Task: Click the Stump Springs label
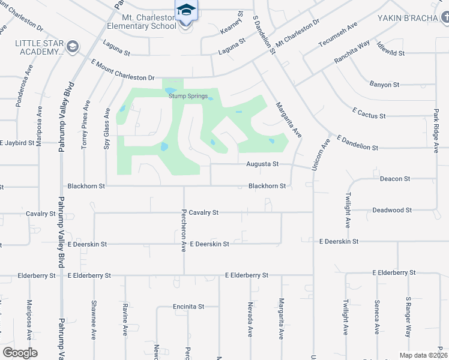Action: click(x=188, y=96)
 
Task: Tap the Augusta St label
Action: click(x=262, y=163)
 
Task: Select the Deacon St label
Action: click(x=395, y=179)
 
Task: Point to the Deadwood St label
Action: click(x=392, y=211)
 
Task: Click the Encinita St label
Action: click(x=189, y=306)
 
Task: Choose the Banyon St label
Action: click(x=384, y=85)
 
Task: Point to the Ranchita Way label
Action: click(x=353, y=53)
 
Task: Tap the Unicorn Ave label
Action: click(x=319, y=156)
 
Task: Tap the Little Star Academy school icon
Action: click(x=73, y=46)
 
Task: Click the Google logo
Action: click(x=20, y=352)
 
